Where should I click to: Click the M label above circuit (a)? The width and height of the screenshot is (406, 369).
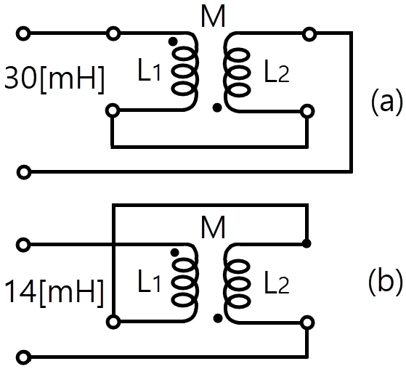[213, 17]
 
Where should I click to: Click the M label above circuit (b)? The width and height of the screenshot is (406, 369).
[213, 227]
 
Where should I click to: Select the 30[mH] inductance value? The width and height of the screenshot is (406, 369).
[54, 78]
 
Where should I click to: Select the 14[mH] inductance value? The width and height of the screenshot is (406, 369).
[54, 292]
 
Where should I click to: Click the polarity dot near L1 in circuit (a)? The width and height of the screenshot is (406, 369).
[173, 41]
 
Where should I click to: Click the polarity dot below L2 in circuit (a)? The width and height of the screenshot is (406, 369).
[217, 108]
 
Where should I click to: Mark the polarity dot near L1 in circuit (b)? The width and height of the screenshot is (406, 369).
[175, 252]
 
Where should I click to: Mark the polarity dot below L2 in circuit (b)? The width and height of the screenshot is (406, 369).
[218, 318]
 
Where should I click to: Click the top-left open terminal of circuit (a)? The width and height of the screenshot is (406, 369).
[23, 33]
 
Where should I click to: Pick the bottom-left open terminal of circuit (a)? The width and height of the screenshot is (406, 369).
[24, 172]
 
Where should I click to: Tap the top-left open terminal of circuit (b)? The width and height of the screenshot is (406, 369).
[23, 245]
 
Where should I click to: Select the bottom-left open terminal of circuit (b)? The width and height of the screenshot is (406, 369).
[24, 357]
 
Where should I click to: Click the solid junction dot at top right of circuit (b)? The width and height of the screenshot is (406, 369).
[306, 243]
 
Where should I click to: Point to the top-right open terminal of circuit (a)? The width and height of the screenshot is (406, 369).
[309, 34]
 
